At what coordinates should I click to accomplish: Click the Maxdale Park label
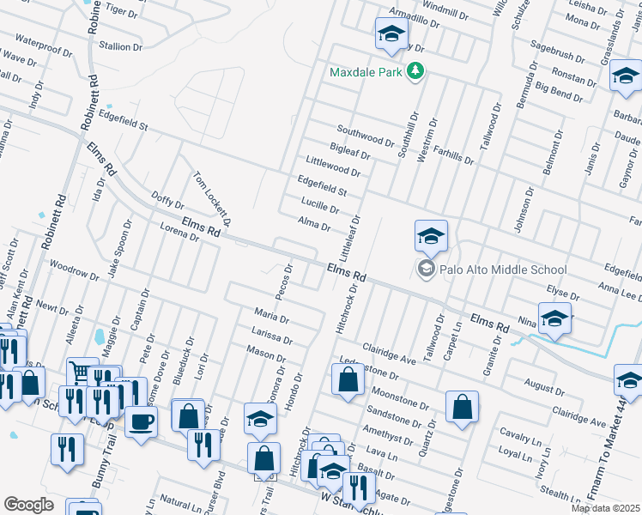[x=366, y=72]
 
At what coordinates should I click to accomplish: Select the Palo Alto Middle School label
[x=504, y=270]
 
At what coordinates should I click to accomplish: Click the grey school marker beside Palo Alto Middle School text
[x=426, y=270]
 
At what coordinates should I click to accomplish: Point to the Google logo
[x=28, y=504]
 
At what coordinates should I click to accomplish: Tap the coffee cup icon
[x=142, y=421]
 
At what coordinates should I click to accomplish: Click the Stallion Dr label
[x=120, y=46]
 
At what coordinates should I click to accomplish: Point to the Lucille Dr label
[x=321, y=206]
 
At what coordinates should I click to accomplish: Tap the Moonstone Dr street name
[x=399, y=397]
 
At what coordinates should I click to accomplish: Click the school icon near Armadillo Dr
[x=391, y=35]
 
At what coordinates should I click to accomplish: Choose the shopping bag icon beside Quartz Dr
[x=462, y=409]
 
